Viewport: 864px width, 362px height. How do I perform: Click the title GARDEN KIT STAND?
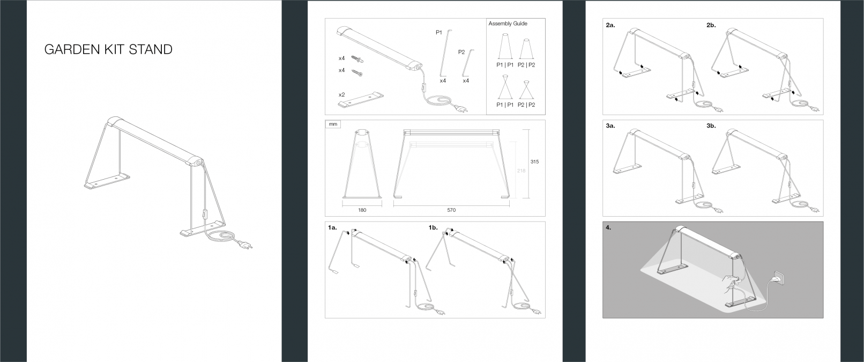(108, 50)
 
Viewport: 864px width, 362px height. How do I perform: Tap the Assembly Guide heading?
(508, 24)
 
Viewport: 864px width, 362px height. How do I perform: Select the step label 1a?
(332, 228)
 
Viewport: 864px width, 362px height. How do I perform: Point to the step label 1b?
(433, 228)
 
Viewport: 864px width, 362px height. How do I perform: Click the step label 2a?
(610, 25)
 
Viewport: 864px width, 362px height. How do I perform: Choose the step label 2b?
(711, 25)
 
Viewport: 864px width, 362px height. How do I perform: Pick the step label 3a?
(610, 126)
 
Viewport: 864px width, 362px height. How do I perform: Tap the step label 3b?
(711, 126)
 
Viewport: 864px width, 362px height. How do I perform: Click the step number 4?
(608, 227)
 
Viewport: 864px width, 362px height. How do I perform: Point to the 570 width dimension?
(451, 210)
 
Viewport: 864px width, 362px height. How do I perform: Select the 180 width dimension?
(362, 210)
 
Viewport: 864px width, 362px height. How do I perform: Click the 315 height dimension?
(534, 161)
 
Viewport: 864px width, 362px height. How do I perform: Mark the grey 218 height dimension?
(522, 171)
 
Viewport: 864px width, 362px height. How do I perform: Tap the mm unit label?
(333, 124)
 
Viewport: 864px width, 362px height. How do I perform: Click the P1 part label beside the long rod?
(438, 33)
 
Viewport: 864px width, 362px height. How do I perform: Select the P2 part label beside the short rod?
(461, 52)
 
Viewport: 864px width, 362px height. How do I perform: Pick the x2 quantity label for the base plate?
(341, 94)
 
